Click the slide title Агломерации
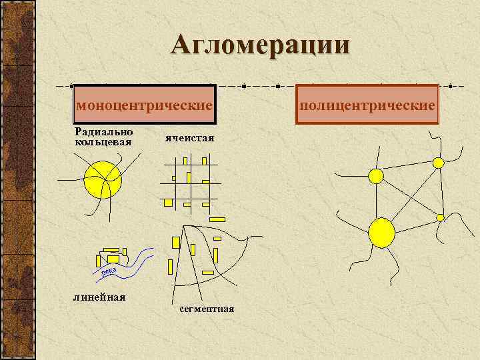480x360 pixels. point(260,45)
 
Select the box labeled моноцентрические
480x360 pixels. point(145,105)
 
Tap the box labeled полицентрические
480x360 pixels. point(367,105)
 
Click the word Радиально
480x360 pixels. point(103,132)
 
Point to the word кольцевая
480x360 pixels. point(103,141)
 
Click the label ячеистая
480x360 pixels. point(189,139)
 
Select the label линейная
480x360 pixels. point(100,297)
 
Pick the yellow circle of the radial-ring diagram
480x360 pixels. point(103,179)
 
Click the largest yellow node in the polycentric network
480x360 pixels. point(381,232)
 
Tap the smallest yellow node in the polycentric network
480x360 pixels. point(440,217)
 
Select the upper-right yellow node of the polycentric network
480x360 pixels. point(438,163)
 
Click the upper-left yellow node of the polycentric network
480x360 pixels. point(376,176)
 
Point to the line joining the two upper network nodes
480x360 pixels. point(407,169)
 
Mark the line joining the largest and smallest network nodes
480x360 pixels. point(413,224)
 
